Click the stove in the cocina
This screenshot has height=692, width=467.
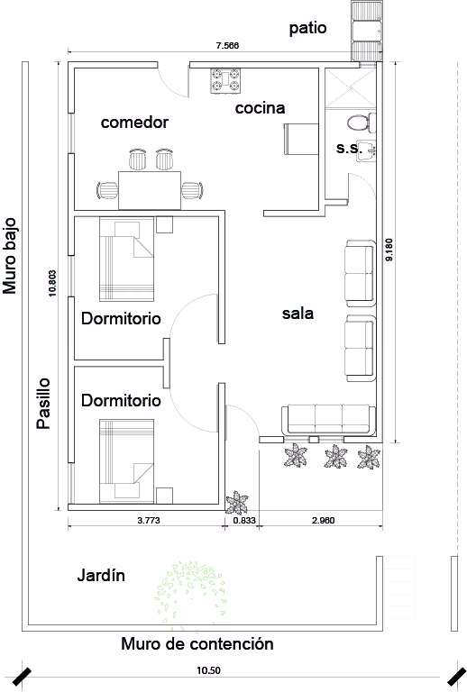point(225,81)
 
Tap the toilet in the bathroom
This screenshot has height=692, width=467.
point(361,122)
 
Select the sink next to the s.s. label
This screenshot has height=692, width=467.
point(366,150)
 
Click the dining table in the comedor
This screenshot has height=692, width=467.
point(150,190)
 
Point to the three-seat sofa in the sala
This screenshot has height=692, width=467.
point(328,419)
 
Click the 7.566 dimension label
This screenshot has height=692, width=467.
point(227,45)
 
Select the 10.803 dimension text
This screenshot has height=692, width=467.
point(52,283)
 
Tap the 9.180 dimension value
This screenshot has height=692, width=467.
point(389,250)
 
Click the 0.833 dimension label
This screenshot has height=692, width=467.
point(244,520)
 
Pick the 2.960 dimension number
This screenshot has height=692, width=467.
point(323,520)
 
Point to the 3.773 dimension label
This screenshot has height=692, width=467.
point(149,520)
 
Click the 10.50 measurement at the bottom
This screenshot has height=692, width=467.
point(208,670)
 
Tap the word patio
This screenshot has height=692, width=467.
point(307,28)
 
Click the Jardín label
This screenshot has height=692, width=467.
point(101,575)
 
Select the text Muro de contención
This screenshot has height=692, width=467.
point(197,644)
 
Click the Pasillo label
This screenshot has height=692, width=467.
point(43,404)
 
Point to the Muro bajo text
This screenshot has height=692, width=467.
point(9,256)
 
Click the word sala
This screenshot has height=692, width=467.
point(298,314)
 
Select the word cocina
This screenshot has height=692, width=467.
point(260,108)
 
